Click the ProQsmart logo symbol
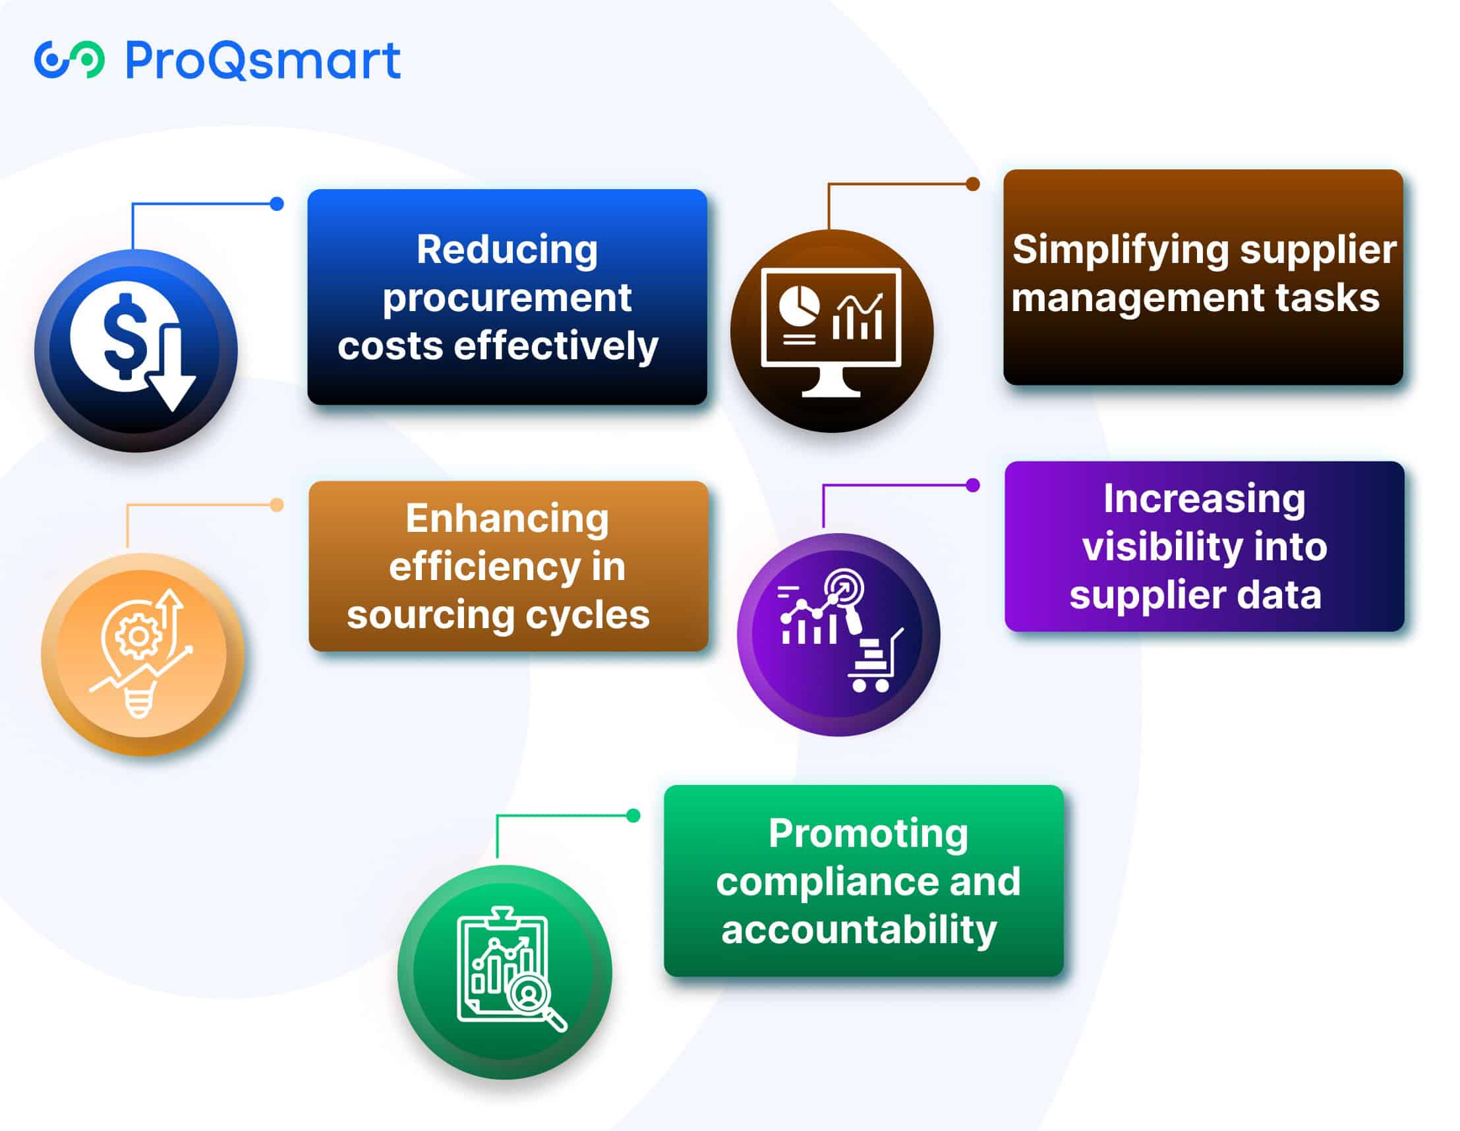point(69,59)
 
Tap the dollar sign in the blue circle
point(126,336)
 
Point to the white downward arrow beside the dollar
point(172,367)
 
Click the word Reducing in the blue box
point(507,249)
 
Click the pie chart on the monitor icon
point(799,306)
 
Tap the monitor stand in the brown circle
point(831,383)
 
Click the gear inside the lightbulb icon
point(138,635)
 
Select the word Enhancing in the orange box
point(507,519)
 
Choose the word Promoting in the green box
point(867,834)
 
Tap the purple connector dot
point(973,485)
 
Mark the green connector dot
point(633,815)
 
